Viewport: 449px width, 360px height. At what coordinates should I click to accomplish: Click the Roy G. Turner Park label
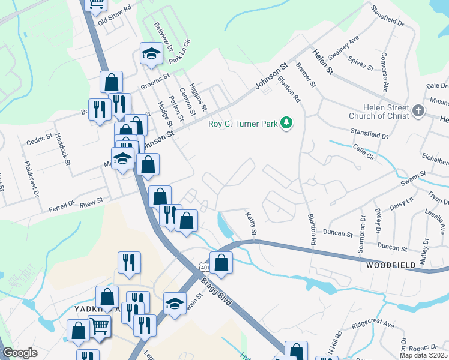[243, 124]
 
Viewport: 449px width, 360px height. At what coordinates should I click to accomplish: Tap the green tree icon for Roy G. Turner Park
[287, 123]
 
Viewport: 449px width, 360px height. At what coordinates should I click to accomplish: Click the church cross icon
[418, 110]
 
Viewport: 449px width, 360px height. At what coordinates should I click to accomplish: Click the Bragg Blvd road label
[215, 292]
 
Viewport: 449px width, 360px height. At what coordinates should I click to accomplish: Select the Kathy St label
[252, 223]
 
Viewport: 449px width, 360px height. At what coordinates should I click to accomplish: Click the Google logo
[20, 353]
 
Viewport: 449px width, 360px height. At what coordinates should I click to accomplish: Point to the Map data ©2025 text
[424, 355]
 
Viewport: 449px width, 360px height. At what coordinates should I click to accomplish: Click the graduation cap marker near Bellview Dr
[151, 54]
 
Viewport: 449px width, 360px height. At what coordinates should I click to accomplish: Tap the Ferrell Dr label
[61, 206]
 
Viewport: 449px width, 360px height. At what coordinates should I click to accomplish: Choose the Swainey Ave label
[351, 46]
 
